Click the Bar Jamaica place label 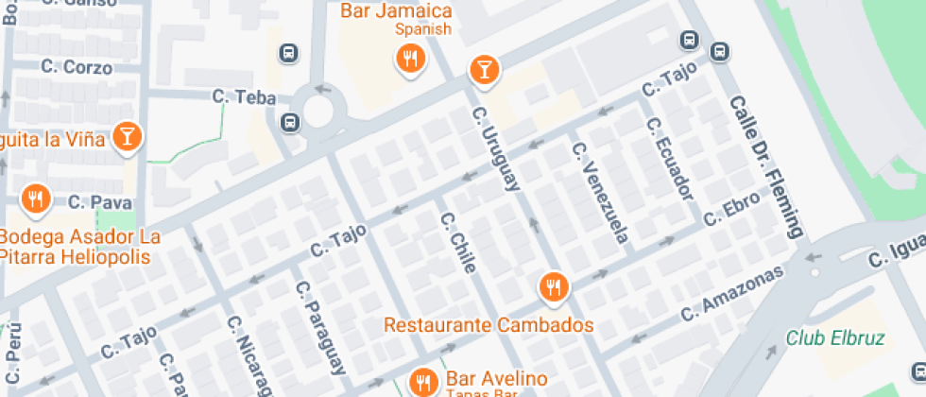(x=396, y=11)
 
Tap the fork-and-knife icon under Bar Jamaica (x=409, y=60)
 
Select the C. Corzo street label (x=77, y=67)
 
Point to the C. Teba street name (x=244, y=96)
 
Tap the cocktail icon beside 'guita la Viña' (x=126, y=137)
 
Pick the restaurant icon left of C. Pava (x=36, y=198)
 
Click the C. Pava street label (x=99, y=201)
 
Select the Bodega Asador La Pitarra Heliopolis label (x=79, y=246)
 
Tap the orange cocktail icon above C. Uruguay (x=484, y=69)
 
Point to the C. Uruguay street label (x=497, y=149)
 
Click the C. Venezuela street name (x=600, y=193)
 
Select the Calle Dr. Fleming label (x=765, y=165)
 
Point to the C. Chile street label (x=456, y=243)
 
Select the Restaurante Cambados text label (x=489, y=325)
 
